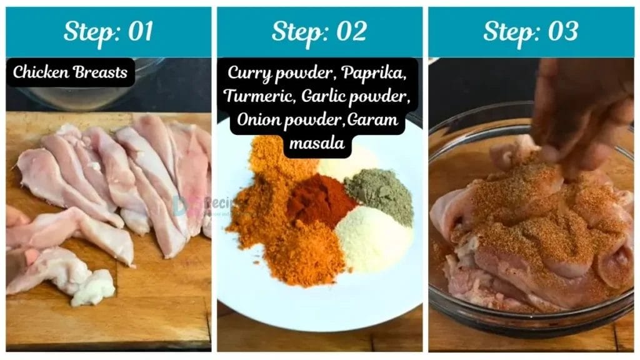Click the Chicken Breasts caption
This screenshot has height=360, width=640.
(70, 72)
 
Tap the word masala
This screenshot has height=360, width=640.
(319, 143)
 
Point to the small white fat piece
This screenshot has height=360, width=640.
(94, 289)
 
